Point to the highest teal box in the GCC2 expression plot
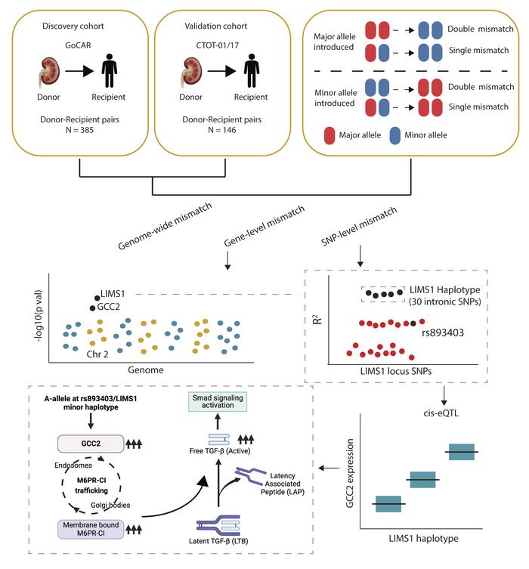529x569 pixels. click(460, 451)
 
